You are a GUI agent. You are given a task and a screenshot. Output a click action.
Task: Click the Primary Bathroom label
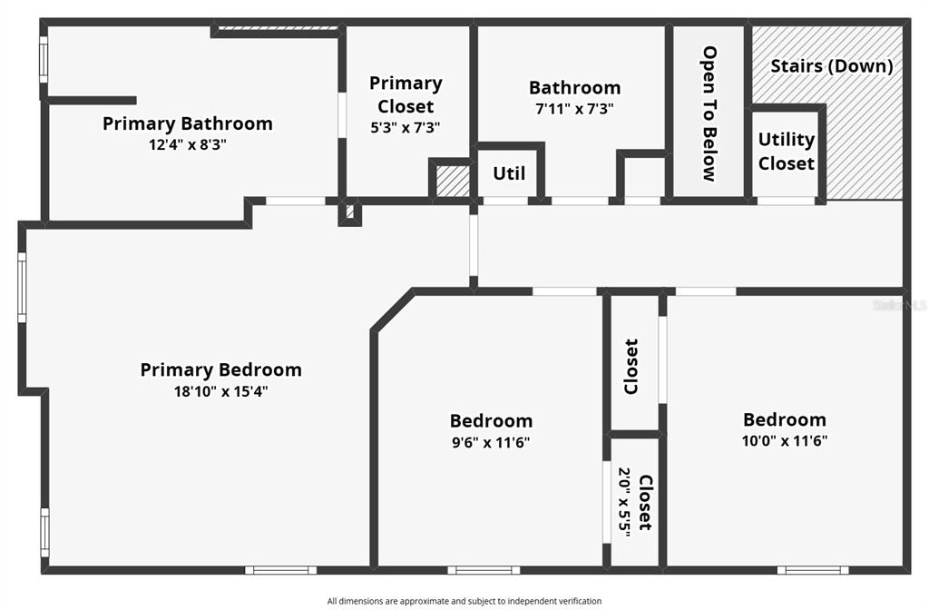[x=187, y=123]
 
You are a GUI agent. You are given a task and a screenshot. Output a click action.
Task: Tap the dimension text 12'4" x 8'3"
[x=188, y=144]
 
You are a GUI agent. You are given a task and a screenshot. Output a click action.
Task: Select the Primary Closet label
[x=406, y=94]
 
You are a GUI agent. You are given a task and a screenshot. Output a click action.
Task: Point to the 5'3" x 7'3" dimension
[x=406, y=127]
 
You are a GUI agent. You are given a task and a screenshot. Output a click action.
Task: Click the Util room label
[x=509, y=173]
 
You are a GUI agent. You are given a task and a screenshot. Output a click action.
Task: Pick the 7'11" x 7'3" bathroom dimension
[x=574, y=109]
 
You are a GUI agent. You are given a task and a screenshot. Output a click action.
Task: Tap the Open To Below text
[x=709, y=113]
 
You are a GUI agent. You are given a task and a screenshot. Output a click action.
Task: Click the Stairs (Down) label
[x=832, y=65]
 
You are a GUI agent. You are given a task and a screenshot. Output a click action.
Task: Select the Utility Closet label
[x=787, y=152]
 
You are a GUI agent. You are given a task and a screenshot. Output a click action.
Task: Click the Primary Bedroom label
[x=221, y=369]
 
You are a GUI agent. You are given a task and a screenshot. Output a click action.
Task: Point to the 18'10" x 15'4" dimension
[x=221, y=391]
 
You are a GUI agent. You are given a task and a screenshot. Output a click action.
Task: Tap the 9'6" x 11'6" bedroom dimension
[x=491, y=442]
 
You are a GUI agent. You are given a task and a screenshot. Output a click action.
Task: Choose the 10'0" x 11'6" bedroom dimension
[x=785, y=440]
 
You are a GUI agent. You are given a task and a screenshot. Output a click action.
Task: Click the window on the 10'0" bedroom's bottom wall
[x=813, y=570]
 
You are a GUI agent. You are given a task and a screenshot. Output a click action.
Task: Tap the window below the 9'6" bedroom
[x=484, y=570]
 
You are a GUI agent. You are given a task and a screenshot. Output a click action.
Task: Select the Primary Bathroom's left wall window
[x=44, y=60]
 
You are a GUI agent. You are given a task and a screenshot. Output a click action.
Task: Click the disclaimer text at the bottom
[x=464, y=601]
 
